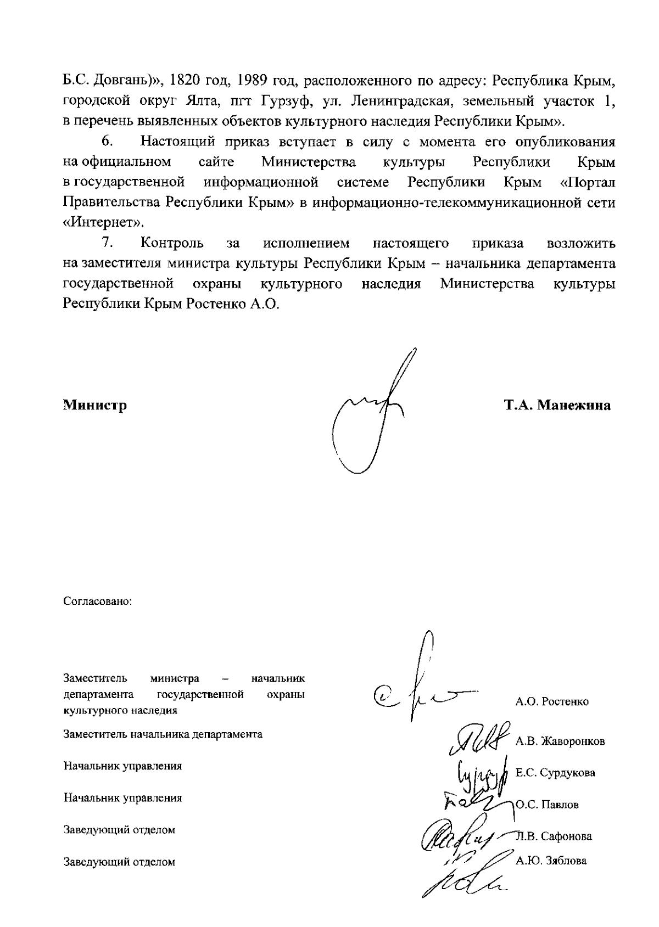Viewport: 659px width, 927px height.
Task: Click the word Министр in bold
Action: pos(95,406)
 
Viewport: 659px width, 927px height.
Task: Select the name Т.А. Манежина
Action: pos(557,406)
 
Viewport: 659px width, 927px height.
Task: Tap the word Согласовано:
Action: pos(98,601)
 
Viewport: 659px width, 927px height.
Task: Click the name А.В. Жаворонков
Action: pos(560,741)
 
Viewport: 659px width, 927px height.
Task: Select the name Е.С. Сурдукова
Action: pos(555,773)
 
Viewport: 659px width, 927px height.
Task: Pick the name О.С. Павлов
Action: pos(547,805)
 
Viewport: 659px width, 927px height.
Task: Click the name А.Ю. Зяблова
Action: pos(551,861)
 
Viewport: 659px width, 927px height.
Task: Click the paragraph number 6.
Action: pos(107,142)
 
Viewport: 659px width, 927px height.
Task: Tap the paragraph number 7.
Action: pos(107,243)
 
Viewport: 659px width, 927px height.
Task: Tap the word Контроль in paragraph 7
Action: pos(172,243)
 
